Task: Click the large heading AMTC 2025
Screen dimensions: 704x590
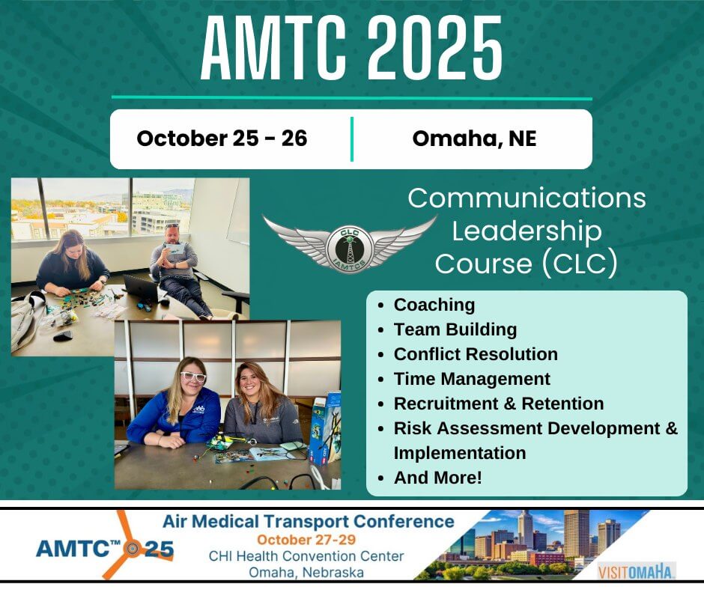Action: [351, 48]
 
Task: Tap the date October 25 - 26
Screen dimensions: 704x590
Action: [222, 138]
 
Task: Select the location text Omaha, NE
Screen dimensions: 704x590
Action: [475, 139]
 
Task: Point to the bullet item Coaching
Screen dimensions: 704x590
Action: [434, 305]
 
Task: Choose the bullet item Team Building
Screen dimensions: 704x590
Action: [455, 329]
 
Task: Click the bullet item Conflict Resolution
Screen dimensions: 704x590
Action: [476, 354]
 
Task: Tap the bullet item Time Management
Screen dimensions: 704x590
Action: [472, 379]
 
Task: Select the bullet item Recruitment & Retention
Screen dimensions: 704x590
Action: [499, 404]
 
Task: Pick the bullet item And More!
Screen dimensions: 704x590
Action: [438, 478]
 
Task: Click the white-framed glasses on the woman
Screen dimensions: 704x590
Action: [193, 377]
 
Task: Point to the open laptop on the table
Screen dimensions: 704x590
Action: [141, 288]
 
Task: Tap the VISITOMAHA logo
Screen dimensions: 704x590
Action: [636, 571]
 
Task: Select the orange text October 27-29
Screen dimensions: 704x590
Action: [306, 539]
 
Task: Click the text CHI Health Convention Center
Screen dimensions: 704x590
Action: [306, 556]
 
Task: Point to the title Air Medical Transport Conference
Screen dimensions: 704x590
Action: [309, 521]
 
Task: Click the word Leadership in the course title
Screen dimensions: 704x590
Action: [527, 231]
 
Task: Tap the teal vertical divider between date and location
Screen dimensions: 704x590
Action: [352, 139]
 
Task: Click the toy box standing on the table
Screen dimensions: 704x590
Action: [325, 428]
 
